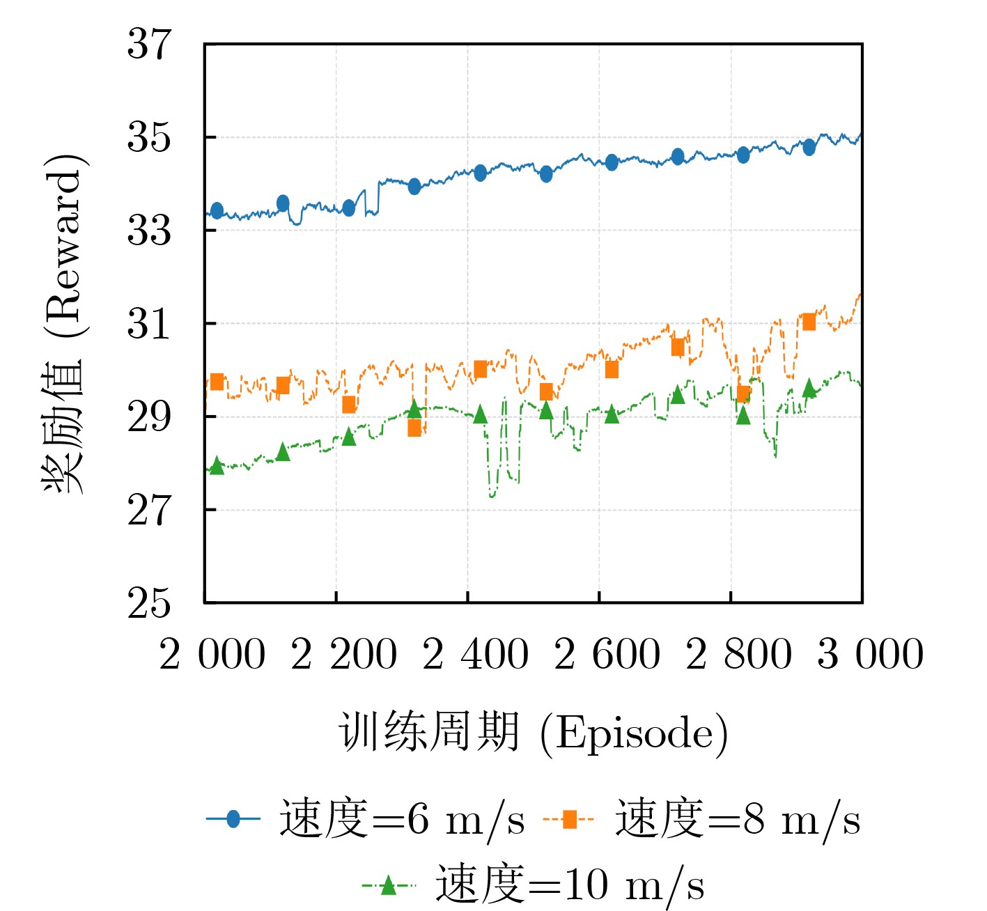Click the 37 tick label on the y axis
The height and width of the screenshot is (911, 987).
click(148, 45)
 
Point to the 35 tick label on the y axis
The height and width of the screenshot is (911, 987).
click(148, 138)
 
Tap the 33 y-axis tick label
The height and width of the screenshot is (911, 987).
click(148, 231)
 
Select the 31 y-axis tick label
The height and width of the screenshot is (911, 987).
click(148, 324)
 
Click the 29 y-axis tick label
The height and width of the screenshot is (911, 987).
click(148, 417)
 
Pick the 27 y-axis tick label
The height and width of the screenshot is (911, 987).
click(148, 511)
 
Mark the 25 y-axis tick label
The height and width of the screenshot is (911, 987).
click(148, 603)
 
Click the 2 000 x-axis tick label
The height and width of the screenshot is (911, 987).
click(212, 655)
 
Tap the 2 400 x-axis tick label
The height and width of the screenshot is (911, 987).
click(476, 655)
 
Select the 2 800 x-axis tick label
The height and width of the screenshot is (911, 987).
click(738, 655)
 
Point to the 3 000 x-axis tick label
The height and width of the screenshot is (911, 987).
click(870, 655)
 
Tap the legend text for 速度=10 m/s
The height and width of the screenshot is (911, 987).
click(570, 885)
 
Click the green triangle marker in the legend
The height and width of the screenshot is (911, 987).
click(388, 885)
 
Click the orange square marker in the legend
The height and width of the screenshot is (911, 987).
click(569, 819)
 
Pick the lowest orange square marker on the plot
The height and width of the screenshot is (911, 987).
click(414, 428)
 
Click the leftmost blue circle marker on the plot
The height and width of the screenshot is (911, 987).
click(217, 210)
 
